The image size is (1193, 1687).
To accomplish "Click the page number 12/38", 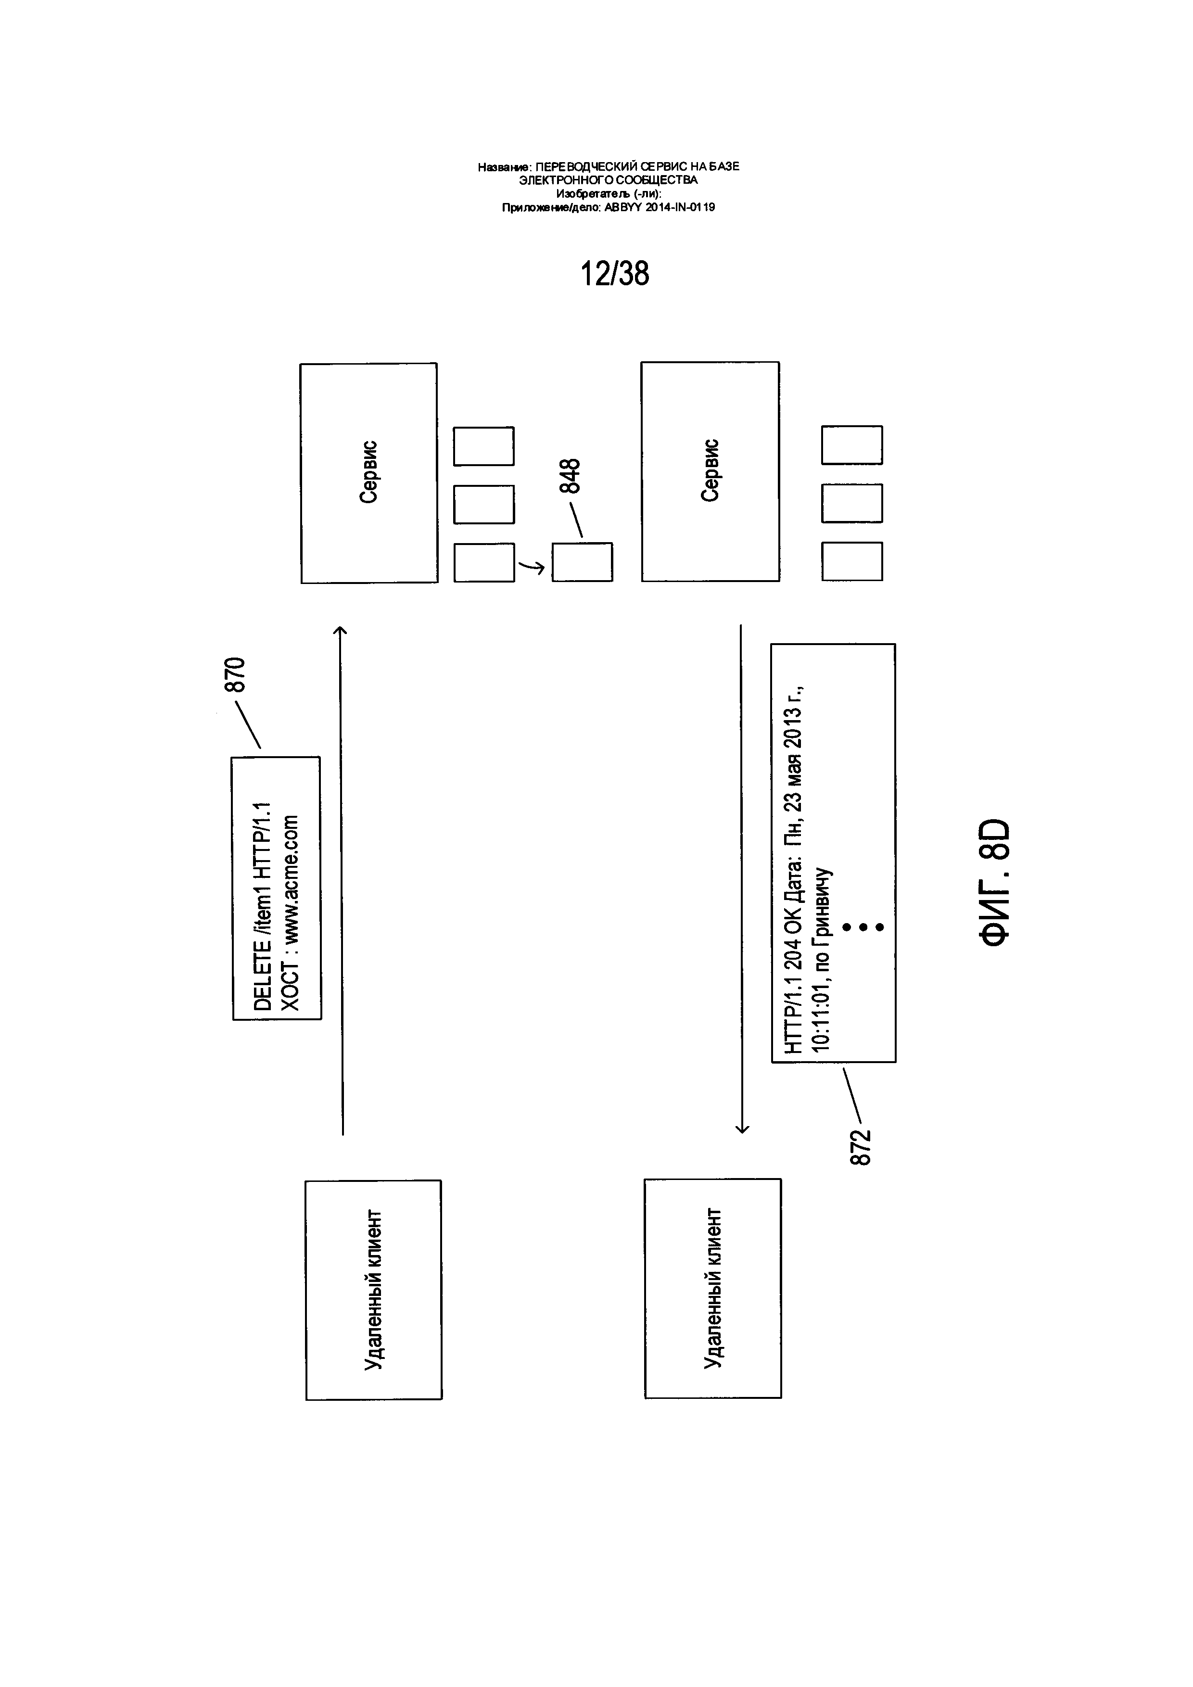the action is [615, 273].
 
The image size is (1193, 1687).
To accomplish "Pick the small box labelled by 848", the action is [582, 562].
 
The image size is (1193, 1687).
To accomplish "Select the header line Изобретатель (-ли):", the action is [609, 194].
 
